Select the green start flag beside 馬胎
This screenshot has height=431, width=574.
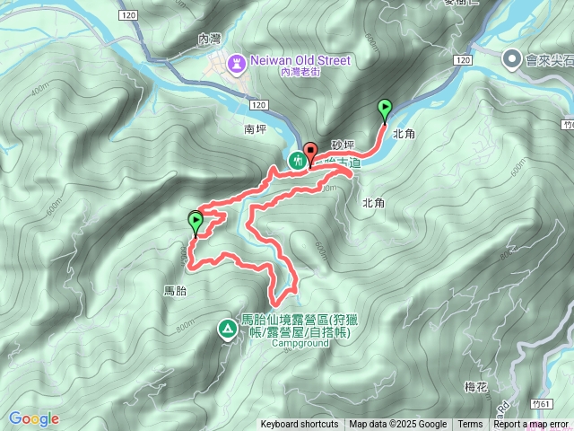coord(196,220)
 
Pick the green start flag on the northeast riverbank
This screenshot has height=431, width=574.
coord(385,110)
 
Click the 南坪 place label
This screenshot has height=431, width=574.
coord(256,129)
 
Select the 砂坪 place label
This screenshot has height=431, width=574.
coord(343,144)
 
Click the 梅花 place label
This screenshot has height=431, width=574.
coord(475,387)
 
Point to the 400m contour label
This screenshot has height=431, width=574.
coord(41,91)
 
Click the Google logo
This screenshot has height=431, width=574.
coord(33,418)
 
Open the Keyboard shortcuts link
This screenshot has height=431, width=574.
coord(300,425)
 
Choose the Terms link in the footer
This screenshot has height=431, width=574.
coord(470,425)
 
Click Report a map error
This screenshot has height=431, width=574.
coord(532,425)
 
